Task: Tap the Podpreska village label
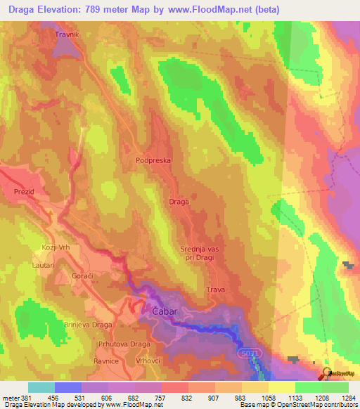click(153, 160)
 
